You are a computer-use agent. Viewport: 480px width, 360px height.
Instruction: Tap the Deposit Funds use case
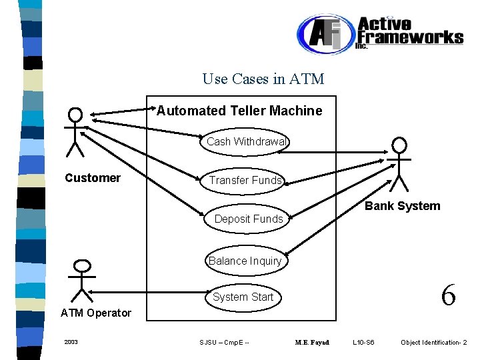(x=247, y=219)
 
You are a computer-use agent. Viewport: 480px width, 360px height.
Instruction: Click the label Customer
(x=93, y=178)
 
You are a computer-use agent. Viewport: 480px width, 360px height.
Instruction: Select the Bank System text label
(x=403, y=206)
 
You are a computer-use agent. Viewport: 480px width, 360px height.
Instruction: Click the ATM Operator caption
(x=96, y=313)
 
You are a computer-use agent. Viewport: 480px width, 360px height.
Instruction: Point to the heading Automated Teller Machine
(x=239, y=111)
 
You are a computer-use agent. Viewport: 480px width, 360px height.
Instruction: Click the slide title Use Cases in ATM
(x=263, y=79)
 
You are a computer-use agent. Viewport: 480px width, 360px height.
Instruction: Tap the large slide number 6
(x=449, y=295)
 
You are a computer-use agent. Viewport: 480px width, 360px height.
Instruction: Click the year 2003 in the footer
(x=71, y=342)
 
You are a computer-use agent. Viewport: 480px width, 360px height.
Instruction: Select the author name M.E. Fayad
(x=312, y=342)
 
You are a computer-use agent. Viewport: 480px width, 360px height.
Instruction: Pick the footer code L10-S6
(x=363, y=342)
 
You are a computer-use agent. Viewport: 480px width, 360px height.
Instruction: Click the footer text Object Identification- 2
(x=434, y=342)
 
